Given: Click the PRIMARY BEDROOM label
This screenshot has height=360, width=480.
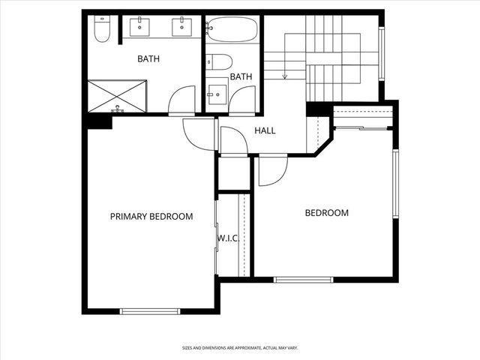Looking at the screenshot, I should (x=151, y=217).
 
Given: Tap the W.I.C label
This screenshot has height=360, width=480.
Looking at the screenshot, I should (x=228, y=238).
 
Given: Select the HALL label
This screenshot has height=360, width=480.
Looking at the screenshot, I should (x=265, y=130).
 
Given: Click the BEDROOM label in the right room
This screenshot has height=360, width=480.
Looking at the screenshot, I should (x=326, y=213).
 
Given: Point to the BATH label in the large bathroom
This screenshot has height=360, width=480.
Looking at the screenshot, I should (x=148, y=58).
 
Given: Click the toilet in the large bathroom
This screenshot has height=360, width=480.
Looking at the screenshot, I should (x=103, y=29).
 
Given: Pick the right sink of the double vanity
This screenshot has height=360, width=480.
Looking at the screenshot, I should (x=182, y=27).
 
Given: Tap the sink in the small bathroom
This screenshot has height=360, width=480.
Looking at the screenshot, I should (x=217, y=91).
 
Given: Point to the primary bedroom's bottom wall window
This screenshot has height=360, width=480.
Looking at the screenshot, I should (x=150, y=311).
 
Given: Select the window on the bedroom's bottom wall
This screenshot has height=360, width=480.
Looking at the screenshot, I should (x=303, y=280).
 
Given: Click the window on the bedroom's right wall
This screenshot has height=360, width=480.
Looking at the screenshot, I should (x=395, y=183).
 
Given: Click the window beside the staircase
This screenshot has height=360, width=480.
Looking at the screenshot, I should (x=381, y=52).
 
